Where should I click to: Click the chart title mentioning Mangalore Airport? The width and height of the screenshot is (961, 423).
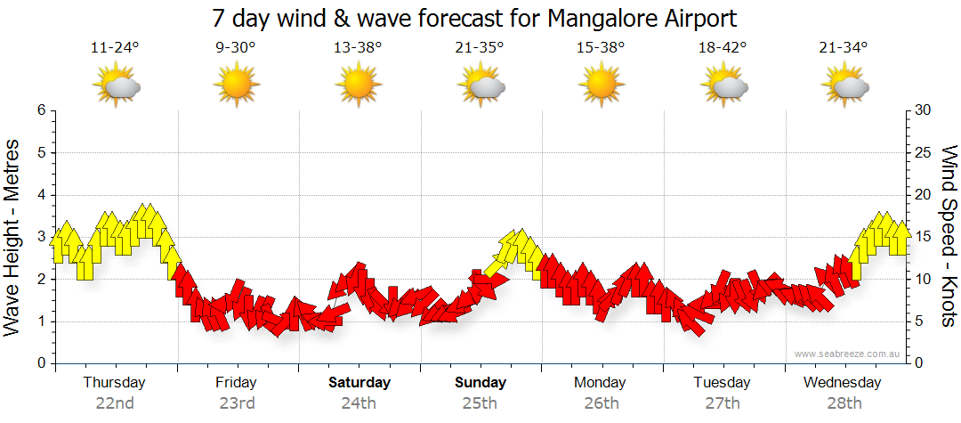pos(475,19)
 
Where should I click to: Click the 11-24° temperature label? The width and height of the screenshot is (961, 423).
pos(115,48)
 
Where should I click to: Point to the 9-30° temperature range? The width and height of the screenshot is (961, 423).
pos(236,48)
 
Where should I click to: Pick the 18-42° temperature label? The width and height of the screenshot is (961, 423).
pos(723,48)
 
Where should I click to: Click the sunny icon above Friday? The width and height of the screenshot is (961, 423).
pos(236,86)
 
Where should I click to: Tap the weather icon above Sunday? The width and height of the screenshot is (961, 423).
pos(480,86)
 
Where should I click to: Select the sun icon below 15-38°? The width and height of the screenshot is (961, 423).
pos(602,86)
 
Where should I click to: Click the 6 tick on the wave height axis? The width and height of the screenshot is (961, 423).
pos(41,110)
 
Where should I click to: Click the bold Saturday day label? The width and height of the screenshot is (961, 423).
pos(359,383)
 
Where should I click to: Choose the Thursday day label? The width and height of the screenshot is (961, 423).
pos(114,383)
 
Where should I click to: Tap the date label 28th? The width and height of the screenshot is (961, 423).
pos(844,403)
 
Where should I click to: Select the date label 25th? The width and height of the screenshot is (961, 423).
pos(480,403)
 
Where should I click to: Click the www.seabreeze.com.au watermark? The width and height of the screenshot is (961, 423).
pos(849,354)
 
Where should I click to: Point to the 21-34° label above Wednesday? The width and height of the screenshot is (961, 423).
pos(844,48)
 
